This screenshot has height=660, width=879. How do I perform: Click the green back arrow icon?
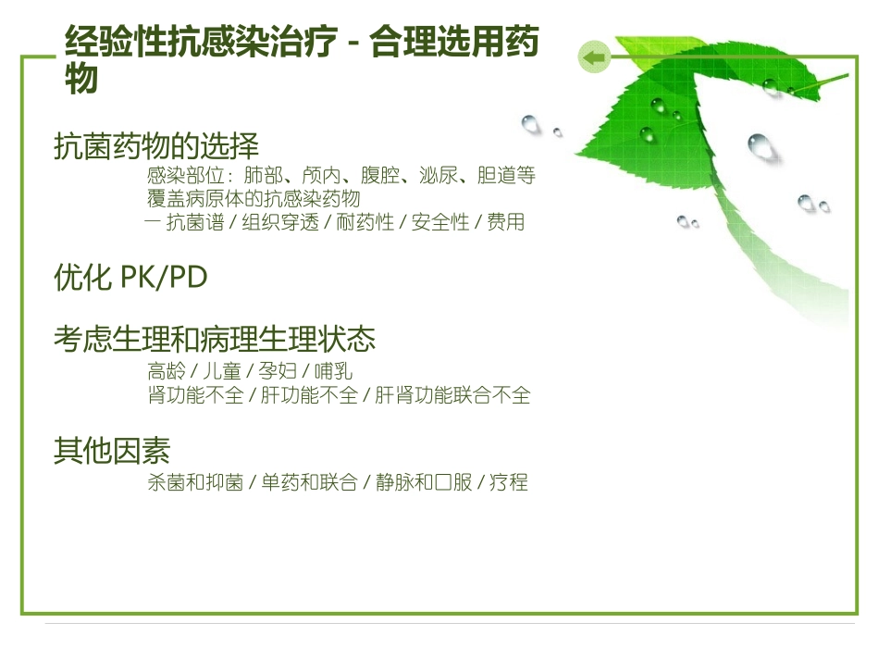[593, 58]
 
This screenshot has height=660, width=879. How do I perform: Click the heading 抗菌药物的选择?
[156, 146]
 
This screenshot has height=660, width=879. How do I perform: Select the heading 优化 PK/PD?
[130, 278]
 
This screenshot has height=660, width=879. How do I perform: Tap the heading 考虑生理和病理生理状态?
[215, 339]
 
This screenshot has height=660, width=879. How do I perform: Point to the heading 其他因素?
[112, 451]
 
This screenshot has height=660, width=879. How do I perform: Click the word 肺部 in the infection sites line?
[264, 175]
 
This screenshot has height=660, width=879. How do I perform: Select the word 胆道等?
[506, 175]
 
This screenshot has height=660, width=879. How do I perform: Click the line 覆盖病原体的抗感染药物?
[253, 199]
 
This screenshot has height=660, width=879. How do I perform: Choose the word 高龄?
[166, 371]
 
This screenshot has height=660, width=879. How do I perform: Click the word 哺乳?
[333, 371]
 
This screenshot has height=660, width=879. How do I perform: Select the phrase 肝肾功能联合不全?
[452, 395]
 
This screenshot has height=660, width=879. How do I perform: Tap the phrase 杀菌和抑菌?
[194, 482]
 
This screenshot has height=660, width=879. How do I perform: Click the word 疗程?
[508, 482]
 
